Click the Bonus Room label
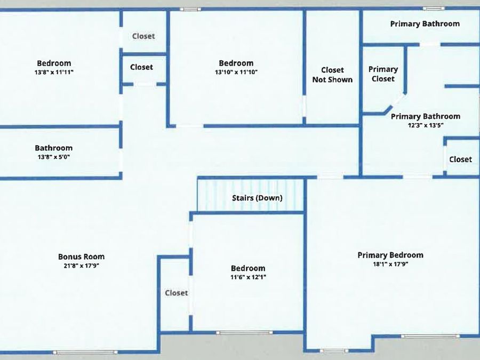(82, 257)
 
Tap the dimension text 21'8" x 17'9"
(82, 266)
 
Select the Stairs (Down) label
(257, 198)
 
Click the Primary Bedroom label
(390, 255)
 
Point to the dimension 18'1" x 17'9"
(390, 264)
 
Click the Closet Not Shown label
(332, 75)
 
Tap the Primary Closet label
(383, 74)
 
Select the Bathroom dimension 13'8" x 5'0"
(54, 157)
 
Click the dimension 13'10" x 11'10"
(236, 72)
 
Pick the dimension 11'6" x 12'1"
(248, 277)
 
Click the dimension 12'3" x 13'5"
(426, 125)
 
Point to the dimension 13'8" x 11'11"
(54, 72)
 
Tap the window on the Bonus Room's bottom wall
(85, 352)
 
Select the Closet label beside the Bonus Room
(177, 293)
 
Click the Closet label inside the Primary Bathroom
(461, 159)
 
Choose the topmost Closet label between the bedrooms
(143, 36)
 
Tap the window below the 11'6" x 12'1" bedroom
(244, 333)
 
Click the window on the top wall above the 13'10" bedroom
(190, 9)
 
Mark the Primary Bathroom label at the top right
(425, 24)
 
